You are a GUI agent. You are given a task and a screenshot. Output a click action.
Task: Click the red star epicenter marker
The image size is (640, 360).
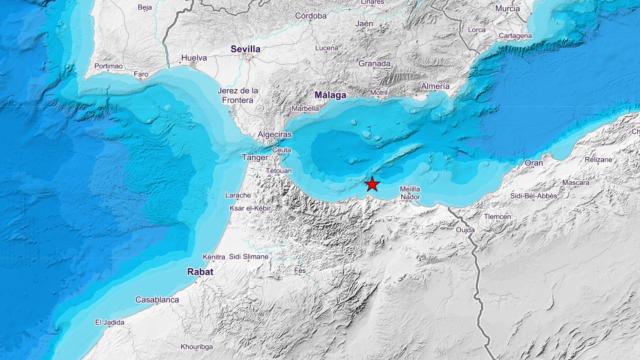click(372, 184)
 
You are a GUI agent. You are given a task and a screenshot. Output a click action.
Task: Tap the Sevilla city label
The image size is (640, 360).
click(244, 48)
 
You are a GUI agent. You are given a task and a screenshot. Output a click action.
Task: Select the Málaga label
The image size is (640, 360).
click(329, 96)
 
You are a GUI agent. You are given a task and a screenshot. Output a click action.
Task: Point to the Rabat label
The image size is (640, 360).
click(200, 271)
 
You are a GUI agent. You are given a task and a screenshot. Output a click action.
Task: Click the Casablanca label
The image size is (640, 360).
click(157, 299)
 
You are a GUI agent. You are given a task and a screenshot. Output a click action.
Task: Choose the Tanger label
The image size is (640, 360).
click(255, 157)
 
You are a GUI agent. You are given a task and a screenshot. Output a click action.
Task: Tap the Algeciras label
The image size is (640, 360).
click(272, 133)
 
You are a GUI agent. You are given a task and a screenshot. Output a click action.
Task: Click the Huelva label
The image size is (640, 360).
click(193, 59)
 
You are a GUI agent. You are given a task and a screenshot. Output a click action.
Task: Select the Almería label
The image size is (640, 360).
click(435, 87)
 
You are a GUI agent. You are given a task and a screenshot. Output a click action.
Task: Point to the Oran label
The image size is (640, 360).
click(534, 162)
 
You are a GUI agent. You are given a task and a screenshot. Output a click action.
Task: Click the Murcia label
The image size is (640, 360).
click(507, 8)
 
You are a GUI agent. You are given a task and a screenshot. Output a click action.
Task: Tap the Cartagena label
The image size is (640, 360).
click(514, 35)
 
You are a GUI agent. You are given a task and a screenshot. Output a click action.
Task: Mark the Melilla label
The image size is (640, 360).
click(409, 188)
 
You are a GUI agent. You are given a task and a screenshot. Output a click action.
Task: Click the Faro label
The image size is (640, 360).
click(142, 73)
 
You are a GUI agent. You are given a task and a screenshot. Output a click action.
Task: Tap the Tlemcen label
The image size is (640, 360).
click(497, 216)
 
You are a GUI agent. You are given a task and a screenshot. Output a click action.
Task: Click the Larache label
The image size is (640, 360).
click(238, 195)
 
